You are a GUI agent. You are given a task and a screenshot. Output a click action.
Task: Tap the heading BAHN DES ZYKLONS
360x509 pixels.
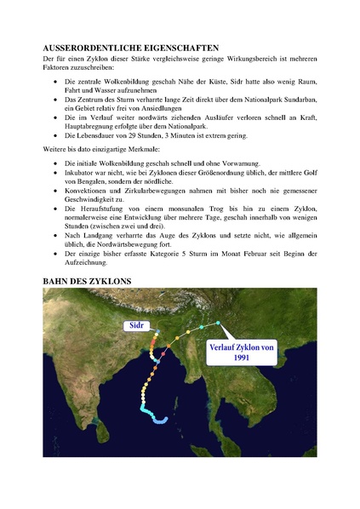pos(86,278)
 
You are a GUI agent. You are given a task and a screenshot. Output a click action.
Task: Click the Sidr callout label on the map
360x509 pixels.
pos(137,325)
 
